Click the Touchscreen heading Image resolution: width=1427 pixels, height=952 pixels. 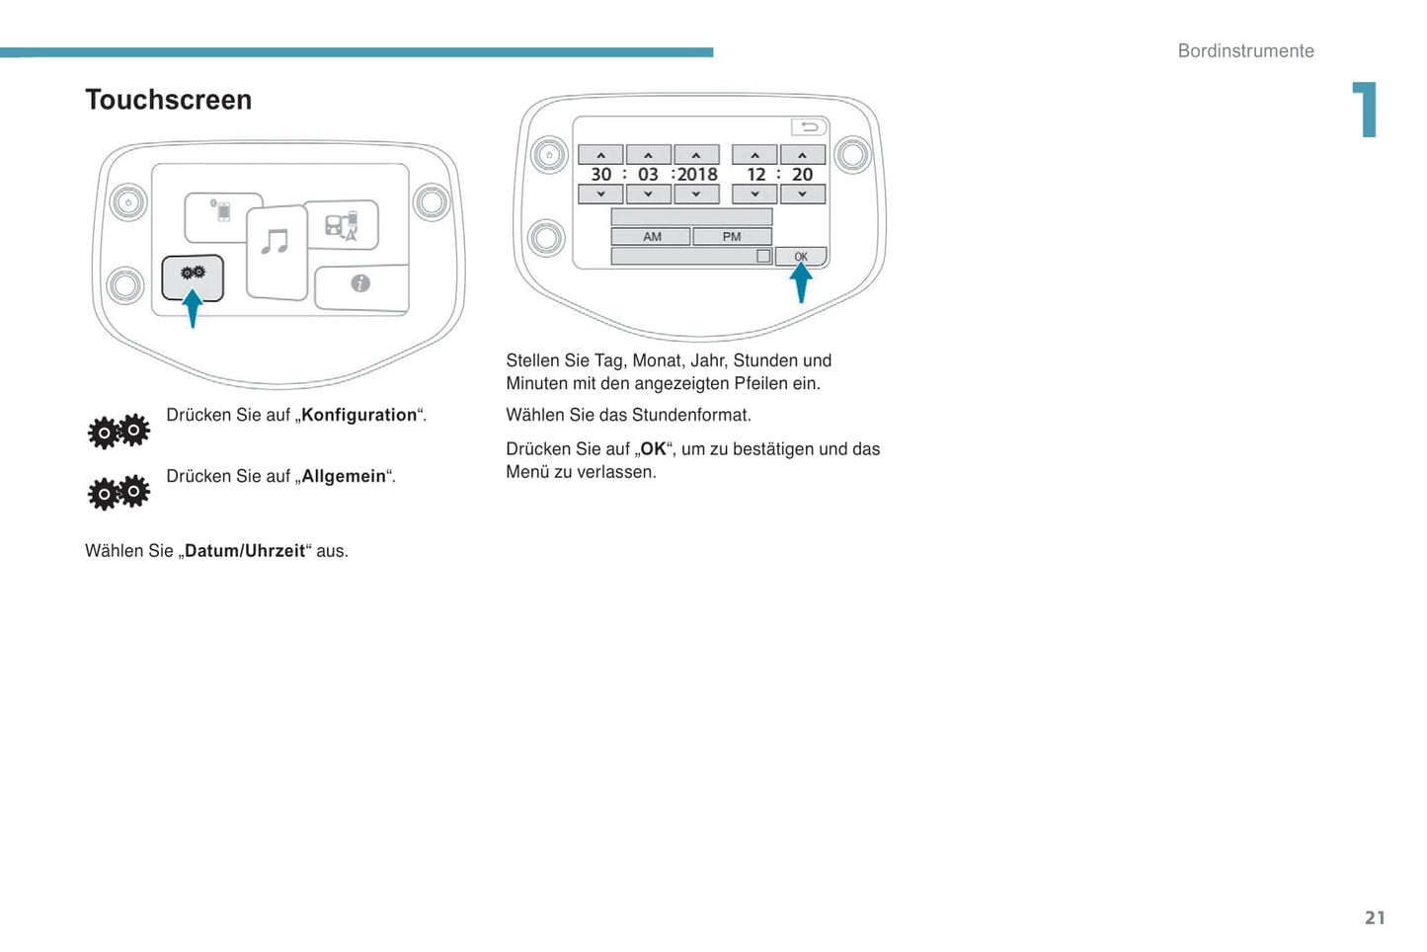[x=168, y=100]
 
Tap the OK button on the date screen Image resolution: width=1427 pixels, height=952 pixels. [x=801, y=257]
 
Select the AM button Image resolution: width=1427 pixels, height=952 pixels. [x=652, y=237]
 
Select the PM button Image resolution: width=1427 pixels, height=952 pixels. [x=732, y=237]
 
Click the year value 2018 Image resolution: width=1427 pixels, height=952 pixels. [x=697, y=175]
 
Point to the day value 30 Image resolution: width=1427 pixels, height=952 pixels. [x=600, y=175]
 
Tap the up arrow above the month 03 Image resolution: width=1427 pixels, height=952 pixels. [x=648, y=155]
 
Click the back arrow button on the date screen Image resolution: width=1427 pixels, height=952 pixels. [x=809, y=127]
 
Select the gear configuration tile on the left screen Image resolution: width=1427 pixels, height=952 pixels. [x=193, y=277]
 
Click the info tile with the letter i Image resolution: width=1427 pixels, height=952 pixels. [x=360, y=284]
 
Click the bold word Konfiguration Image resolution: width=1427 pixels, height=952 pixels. [x=359, y=415]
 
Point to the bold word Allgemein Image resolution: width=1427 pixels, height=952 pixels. [x=344, y=476]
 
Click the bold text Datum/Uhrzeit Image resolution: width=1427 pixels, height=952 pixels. [x=245, y=551]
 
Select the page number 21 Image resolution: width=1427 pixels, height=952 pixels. [x=1375, y=918]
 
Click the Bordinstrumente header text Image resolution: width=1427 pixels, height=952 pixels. [x=1245, y=51]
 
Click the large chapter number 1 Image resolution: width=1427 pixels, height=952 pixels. [x=1365, y=110]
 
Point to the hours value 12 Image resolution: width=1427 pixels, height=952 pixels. [x=755, y=175]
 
